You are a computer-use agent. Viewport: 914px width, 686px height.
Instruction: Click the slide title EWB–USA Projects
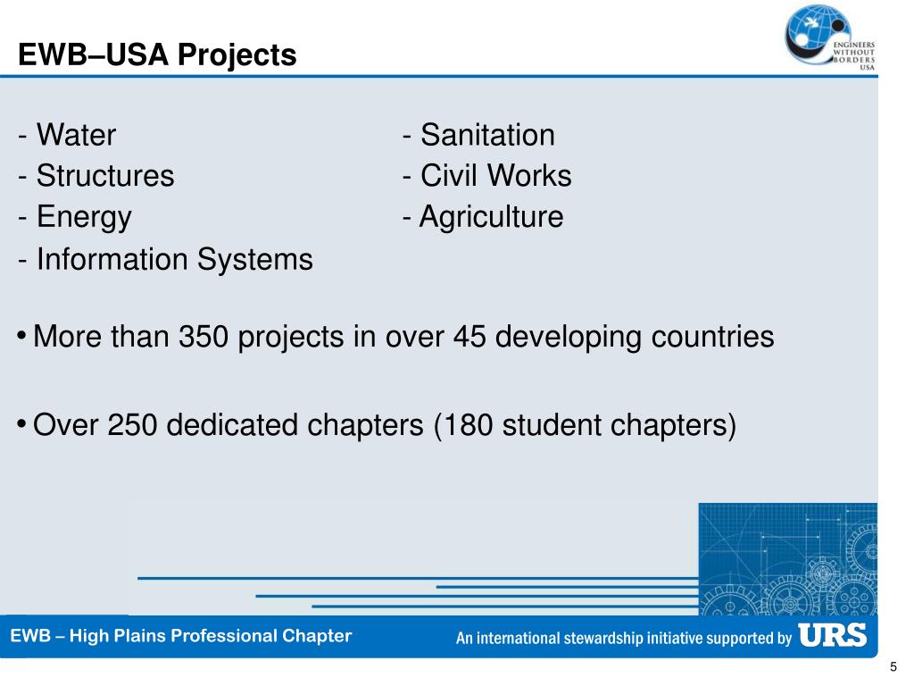click(x=157, y=55)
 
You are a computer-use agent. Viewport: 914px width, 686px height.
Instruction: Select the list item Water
click(x=76, y=136)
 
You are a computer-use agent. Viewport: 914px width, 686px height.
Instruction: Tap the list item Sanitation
click(x=487, y=136)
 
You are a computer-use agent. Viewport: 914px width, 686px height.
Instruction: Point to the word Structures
click(x=105, y=176)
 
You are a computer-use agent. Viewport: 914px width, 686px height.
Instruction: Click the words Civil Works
click(x=495, y=176)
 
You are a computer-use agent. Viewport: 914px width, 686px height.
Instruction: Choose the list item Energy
click(x=84, y=217)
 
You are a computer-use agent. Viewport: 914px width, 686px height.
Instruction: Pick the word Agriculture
click(x=492, y=217)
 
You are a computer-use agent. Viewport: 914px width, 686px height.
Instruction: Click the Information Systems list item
click(x=175, y=260)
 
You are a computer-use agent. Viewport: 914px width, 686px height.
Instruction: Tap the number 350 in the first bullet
click(x=204, y=337)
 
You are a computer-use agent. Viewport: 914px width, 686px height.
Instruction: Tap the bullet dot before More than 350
click(x=21, y=335)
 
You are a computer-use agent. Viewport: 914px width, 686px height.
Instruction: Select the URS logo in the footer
click(x=832, y=635)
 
